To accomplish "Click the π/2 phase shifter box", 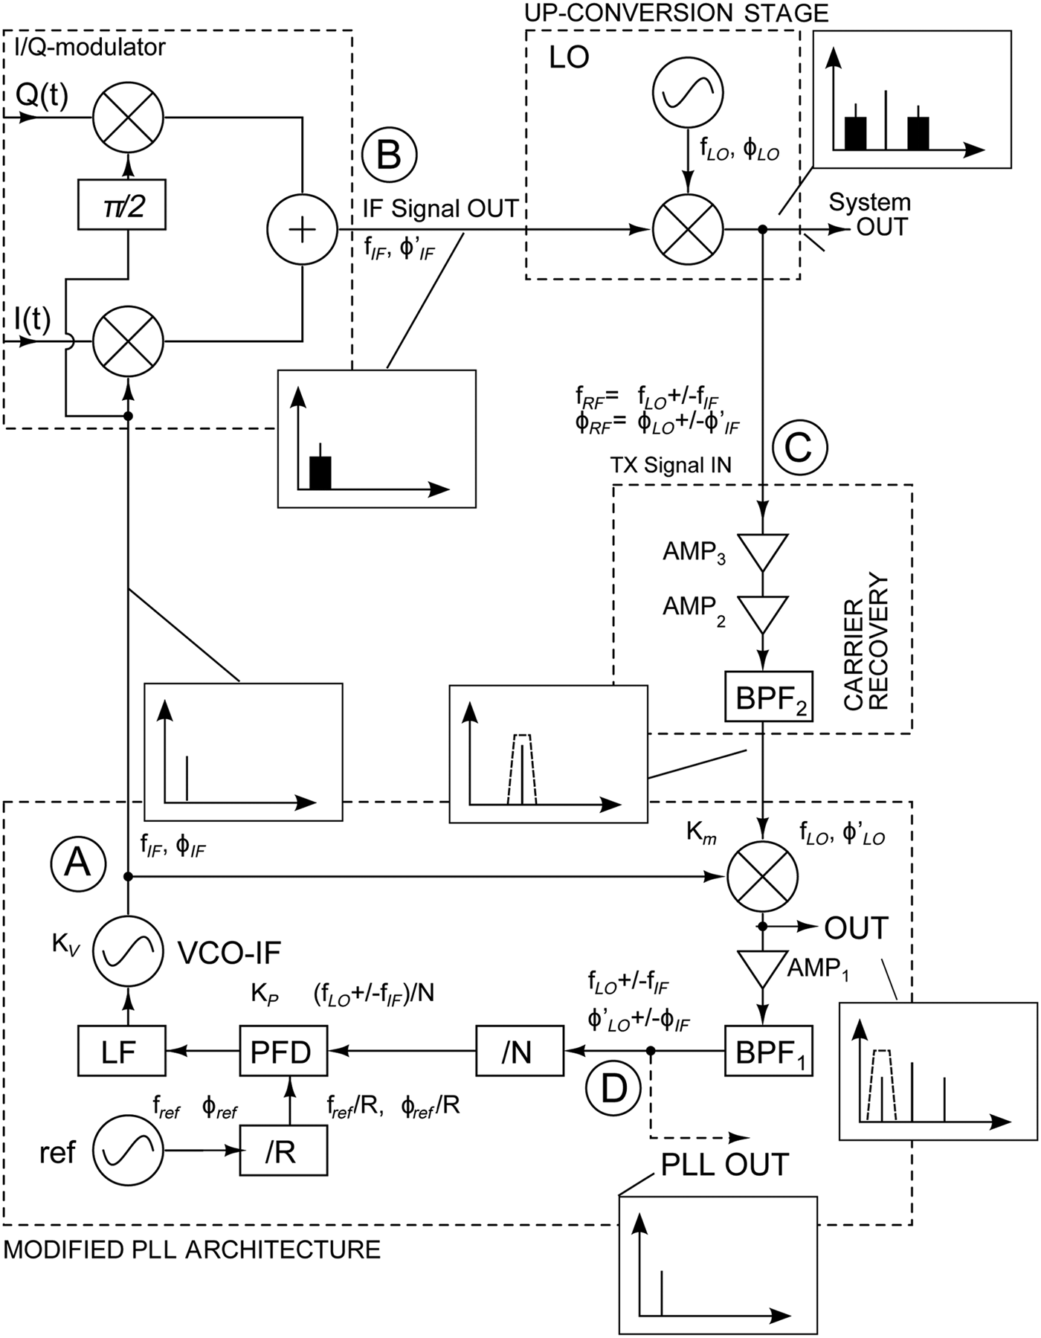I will [x=121, y=205].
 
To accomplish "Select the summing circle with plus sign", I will [x=301, y=230].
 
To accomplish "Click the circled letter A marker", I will [x=78, y=863].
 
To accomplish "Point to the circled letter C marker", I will [x=799, y=448].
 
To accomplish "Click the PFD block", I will [x=283, y=1051].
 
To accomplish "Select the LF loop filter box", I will [x=121, y=1051].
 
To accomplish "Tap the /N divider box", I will [x=519, y=1051].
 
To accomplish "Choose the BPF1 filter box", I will [x=769, y=1051].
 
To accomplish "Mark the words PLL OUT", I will [x=724, y=1165].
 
